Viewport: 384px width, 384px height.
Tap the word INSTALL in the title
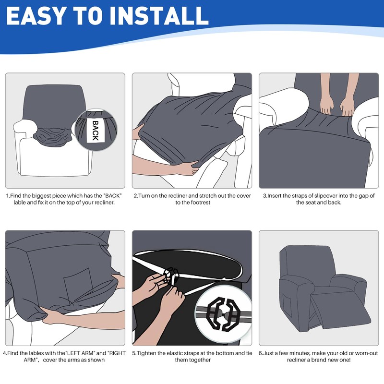[x=159, y=16]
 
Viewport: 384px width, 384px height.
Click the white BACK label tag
[x=95, y=130]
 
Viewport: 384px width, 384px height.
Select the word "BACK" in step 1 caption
[x=112, y=196]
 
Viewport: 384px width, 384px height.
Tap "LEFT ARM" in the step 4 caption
[x=80, y=353]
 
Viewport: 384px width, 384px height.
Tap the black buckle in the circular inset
[x=222, y=313]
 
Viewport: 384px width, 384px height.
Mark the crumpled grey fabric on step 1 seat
[x=53, y=137]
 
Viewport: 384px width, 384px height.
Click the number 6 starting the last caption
[x=260, y=353]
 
